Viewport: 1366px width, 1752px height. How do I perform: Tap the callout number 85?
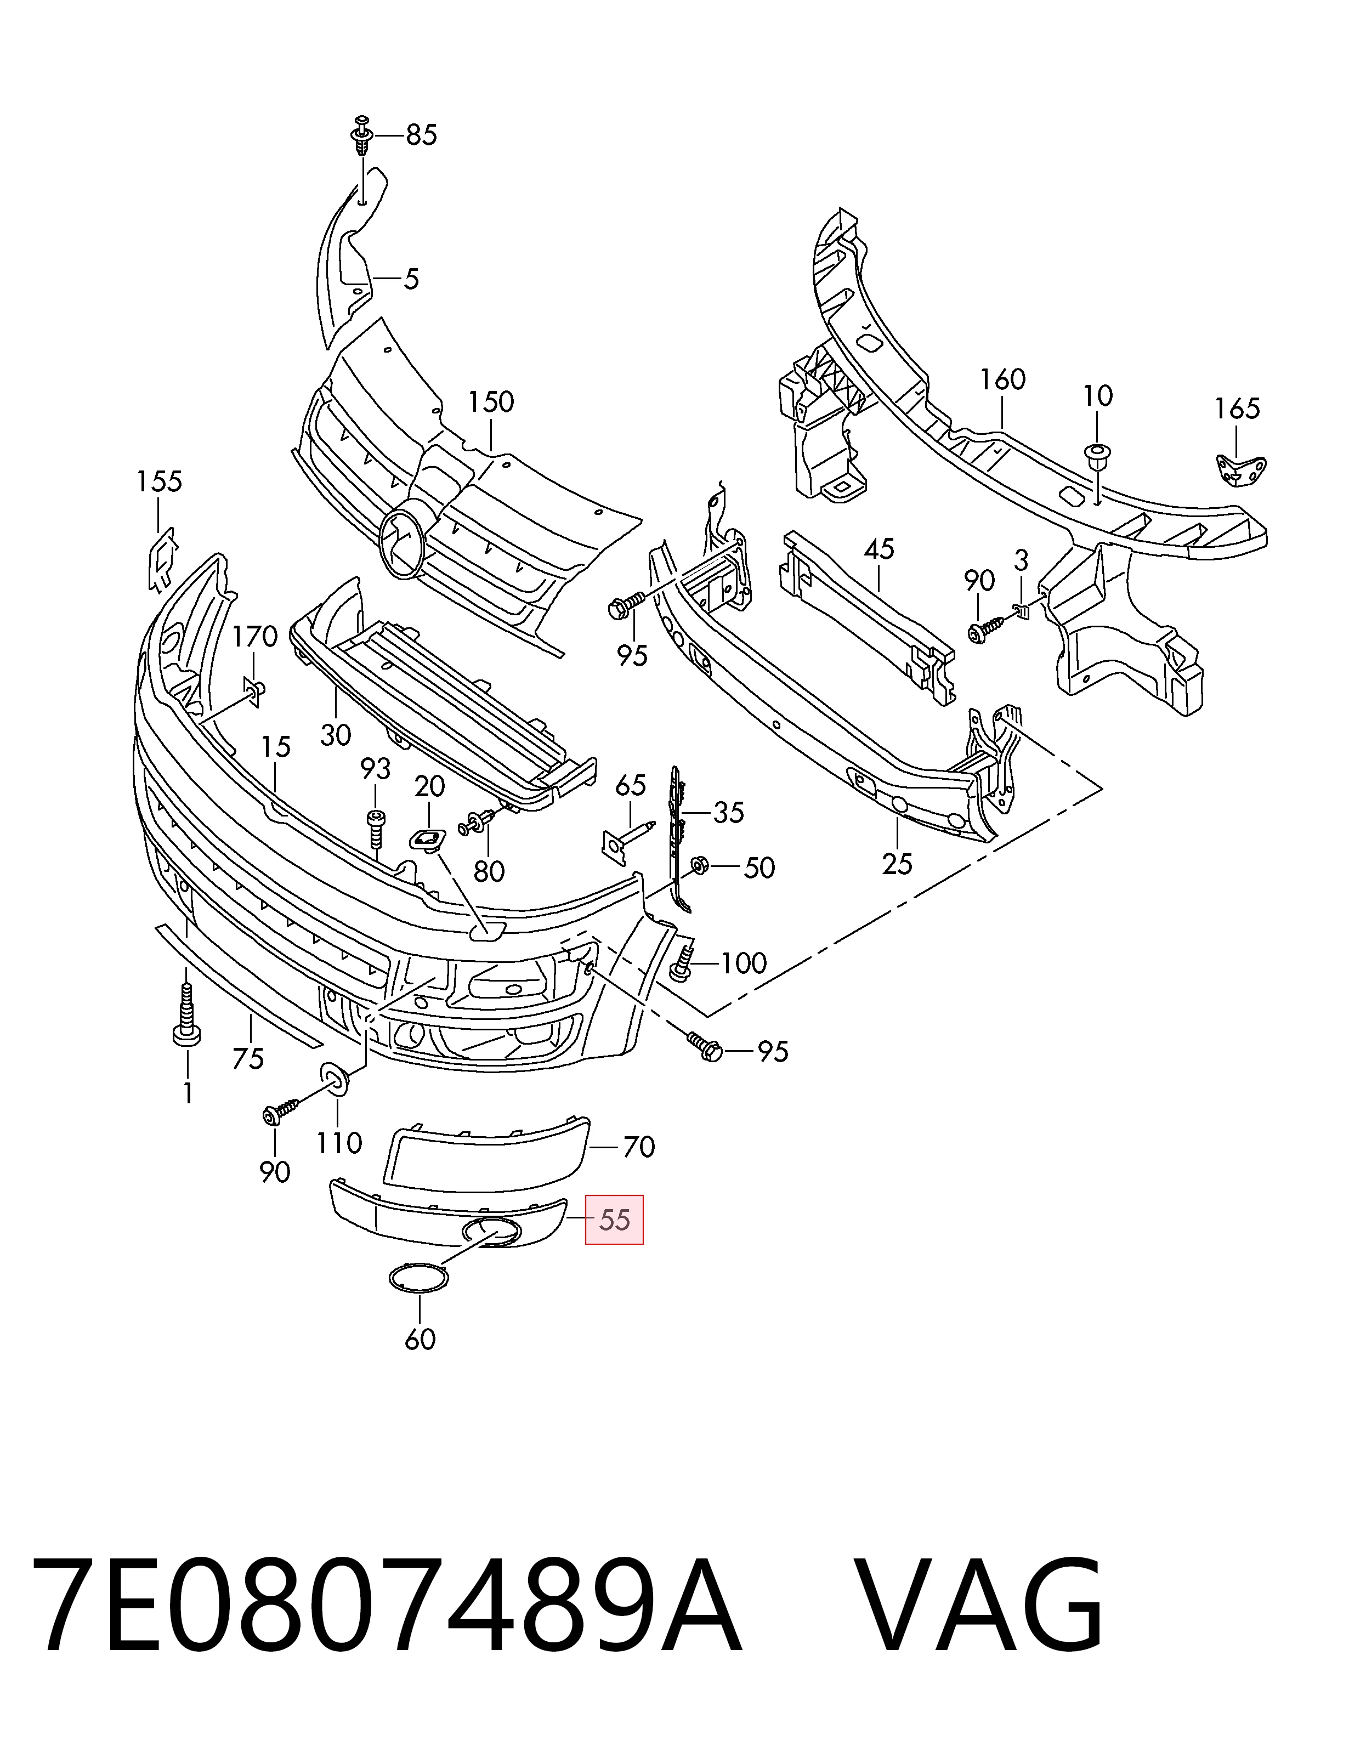[x=421, y=135]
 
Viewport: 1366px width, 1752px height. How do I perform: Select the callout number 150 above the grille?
[x=491, y=402]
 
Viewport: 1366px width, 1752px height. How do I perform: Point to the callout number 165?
[x=1237, y=409]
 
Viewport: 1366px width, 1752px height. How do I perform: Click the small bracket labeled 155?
[x=163, y=557]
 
